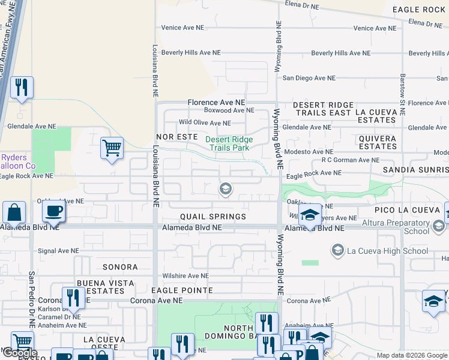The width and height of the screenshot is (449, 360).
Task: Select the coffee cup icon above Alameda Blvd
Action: [54, 211]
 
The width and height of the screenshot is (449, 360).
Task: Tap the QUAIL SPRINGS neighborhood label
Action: [212, 217]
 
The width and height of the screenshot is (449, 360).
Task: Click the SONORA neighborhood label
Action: [120, 267]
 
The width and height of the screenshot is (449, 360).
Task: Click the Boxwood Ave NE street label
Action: [229, 110]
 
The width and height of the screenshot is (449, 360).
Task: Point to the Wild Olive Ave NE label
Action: [205, 123]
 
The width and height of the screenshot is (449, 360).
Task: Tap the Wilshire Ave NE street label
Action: [185, 276]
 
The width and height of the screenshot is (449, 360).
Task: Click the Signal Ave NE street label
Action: [58, 251]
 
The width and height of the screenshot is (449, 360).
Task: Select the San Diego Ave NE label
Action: [309, 78]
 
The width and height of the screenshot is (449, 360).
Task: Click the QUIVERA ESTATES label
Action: [378, 142]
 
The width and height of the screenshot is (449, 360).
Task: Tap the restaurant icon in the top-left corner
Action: [22, 88]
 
